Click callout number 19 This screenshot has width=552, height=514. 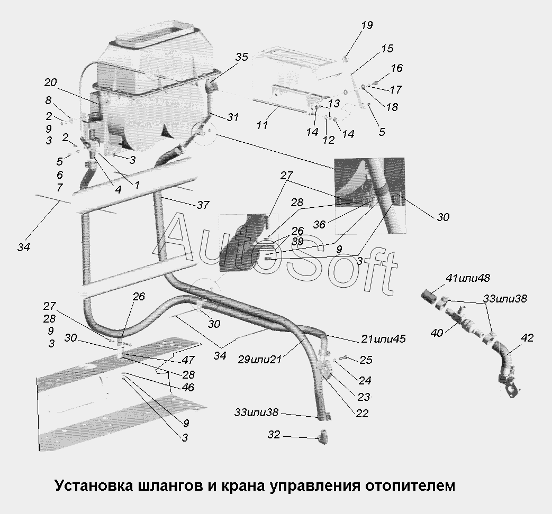pos(367,25)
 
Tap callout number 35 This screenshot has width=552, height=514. pos(241,58)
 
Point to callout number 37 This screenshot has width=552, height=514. pos(203,205)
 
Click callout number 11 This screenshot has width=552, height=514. pos(262,125)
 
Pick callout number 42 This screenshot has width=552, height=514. pos(527,338)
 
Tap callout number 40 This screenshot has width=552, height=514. pos(437,333)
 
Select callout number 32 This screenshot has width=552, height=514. pos(273,435)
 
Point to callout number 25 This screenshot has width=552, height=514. pos(366,360)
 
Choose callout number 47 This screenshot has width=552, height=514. pos(188,360)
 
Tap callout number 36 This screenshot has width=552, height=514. pos(319,224)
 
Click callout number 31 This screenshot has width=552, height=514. pos(232,117)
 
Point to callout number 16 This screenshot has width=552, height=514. pos(396,68)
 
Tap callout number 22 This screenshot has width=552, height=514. pos(362,414)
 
